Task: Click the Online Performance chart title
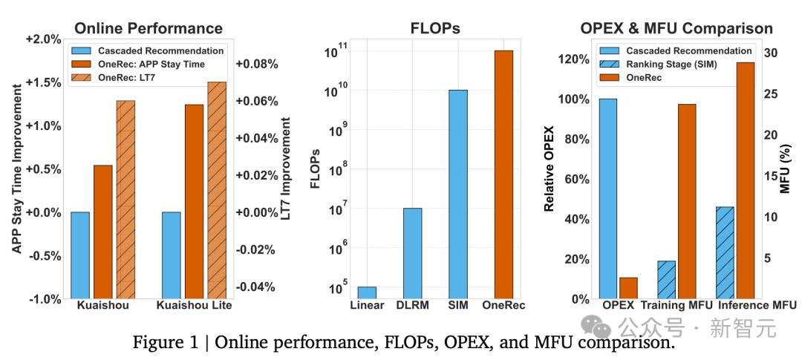149,27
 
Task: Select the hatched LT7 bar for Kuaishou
125,200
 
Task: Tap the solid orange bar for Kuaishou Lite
194,201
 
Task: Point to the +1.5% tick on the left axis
45,82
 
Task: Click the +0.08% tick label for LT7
257,65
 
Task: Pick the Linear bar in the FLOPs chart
367,293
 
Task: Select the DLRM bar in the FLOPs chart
412,254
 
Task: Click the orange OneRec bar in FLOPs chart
503,174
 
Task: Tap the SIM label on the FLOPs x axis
457,306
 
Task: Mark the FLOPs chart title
435,28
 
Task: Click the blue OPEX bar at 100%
607,199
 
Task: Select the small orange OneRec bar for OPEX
628,289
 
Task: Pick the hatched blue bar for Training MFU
666,280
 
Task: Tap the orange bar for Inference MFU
746,180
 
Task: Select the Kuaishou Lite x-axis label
195,306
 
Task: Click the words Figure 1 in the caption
166,342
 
